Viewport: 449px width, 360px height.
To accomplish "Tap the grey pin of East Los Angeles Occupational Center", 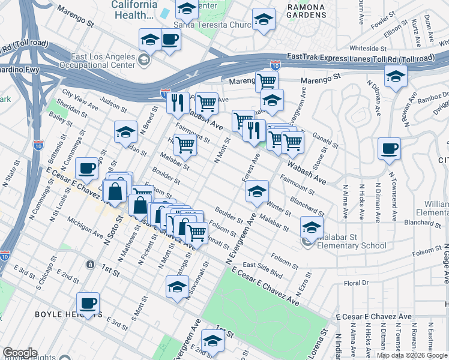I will (143, 59).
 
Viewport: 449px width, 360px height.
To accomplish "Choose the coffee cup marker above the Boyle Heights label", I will (88, 303).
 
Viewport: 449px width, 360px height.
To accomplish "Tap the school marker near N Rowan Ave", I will (396, 76).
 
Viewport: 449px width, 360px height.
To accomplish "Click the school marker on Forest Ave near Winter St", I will (257, 191).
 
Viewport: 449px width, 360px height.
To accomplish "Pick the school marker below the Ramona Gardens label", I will (264, 19).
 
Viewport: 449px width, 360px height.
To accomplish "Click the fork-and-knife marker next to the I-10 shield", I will (176, 103).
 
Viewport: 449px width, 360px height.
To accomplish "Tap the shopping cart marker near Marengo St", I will (267, 80).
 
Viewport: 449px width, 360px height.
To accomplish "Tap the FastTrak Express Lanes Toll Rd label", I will (360, 58).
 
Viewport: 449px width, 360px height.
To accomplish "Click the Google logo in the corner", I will (20, 353).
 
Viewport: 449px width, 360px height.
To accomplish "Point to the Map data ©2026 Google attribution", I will (412, 355).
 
